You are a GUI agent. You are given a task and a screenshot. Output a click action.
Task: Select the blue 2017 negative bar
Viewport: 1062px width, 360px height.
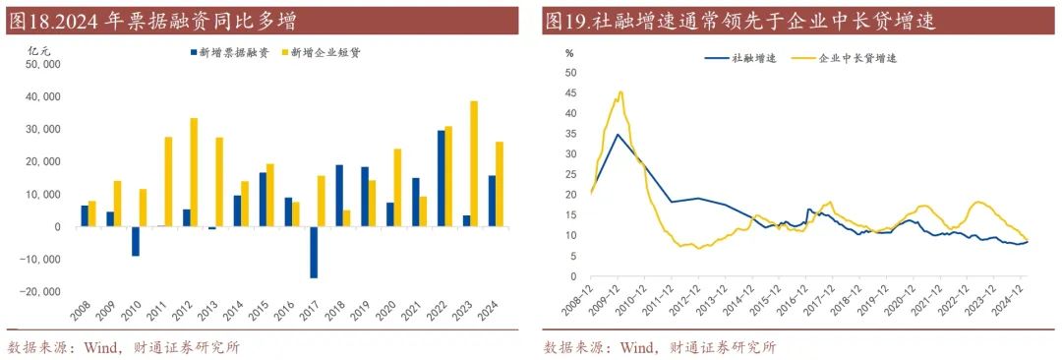[315, 252]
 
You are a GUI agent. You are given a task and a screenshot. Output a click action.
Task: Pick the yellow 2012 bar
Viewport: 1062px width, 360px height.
[194, 172]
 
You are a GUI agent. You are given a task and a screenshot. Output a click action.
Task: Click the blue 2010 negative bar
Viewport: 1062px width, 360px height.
[136, 241]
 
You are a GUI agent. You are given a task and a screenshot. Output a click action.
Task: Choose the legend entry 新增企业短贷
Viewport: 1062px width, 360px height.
[321, 52]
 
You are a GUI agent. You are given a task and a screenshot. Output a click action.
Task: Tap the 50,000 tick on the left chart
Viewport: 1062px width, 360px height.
[41, 65]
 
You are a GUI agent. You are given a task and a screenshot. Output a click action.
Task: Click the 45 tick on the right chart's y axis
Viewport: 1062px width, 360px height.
[570, 92]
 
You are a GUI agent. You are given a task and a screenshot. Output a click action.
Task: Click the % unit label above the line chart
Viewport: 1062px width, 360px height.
[568, 52]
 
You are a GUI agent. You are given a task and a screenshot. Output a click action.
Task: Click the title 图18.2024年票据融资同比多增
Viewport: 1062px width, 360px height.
[151, 21]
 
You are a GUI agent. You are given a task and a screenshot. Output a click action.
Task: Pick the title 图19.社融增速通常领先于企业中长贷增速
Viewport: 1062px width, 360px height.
[739, 21]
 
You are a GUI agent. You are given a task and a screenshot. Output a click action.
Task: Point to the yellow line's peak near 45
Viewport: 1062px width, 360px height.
[620, 92]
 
